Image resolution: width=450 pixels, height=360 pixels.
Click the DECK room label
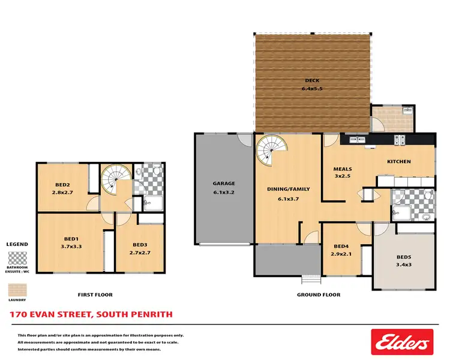click(x=311, y=80)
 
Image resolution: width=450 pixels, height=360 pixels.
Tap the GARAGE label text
click(x=224, y=184)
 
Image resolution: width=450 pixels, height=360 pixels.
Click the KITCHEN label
click(x=398, y=161)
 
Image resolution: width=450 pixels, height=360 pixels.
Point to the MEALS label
click(x=343, y=169)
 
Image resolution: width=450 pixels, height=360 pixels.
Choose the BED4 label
click(x=341, y=246)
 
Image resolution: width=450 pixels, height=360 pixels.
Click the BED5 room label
click(x=404, y=257)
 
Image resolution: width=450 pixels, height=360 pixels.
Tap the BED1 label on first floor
click(x=71, y=238)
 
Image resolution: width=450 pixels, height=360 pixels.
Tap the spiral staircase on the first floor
click(x=113, y=179)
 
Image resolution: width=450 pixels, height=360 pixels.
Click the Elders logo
click(x=401, y=343)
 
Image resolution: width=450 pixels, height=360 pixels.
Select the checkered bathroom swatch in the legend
click(x=17, y=259)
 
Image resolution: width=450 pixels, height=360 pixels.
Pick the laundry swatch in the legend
click(x=17, y=289)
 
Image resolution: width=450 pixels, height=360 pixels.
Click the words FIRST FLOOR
click(x=95, y=295)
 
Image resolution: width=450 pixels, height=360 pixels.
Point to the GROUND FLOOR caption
click(x=319, y=295)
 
